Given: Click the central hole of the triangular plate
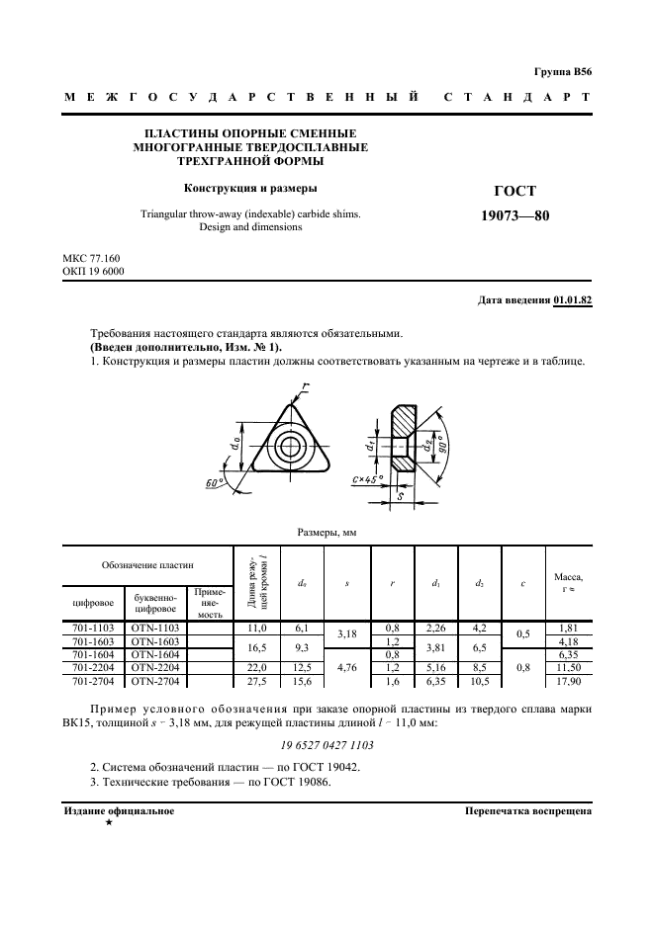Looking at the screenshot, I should (x=290, y=445).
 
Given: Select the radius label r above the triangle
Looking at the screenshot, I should (x=307, y=386).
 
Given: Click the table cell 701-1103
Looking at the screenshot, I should (x=93, y=628).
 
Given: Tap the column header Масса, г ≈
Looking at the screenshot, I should (x=567, y=582).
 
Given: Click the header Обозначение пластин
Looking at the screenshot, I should (x=147, y=564).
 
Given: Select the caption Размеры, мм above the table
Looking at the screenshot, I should (x=327, y=533).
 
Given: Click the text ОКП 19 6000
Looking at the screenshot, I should (x=93, y=272).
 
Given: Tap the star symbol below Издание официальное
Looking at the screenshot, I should (x=108, y=822).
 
